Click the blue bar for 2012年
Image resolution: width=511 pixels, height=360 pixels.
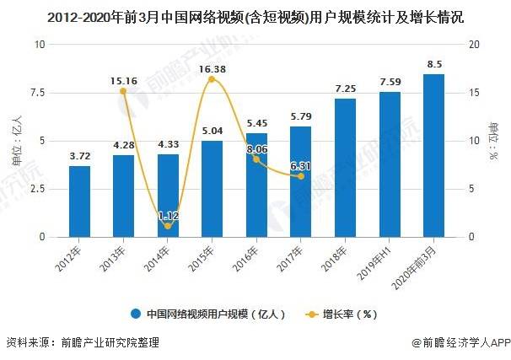[80, 201]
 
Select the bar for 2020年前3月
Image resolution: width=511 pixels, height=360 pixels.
[433, 156]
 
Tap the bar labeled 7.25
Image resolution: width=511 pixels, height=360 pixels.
[345, 168]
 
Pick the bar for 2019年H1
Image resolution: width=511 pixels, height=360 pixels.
[390, 164]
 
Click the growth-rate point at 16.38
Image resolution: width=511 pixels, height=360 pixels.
[212, 79]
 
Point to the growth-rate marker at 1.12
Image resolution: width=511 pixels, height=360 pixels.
[168, 226]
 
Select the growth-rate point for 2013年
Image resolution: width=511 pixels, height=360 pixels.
[123, 91]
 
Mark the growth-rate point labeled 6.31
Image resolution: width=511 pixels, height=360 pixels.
[301, 176]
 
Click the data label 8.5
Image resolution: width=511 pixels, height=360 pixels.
[434, 65]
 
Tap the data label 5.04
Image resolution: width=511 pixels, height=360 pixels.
[212, 131]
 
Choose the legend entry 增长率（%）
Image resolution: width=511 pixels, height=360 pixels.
[341, 314]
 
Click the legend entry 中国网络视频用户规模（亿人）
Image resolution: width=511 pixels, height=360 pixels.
[208, 314]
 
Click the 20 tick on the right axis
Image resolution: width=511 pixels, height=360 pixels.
[474, 45]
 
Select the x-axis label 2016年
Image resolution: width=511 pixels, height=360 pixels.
[245, 259]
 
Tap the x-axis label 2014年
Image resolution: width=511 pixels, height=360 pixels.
[157, 259]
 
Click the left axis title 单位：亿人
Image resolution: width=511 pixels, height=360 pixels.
[17, 141]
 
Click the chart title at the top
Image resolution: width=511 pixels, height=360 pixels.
[255, 17]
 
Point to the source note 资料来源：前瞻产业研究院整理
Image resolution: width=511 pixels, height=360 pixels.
[83, 343]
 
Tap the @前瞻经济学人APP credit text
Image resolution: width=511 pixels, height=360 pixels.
[460, 343]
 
